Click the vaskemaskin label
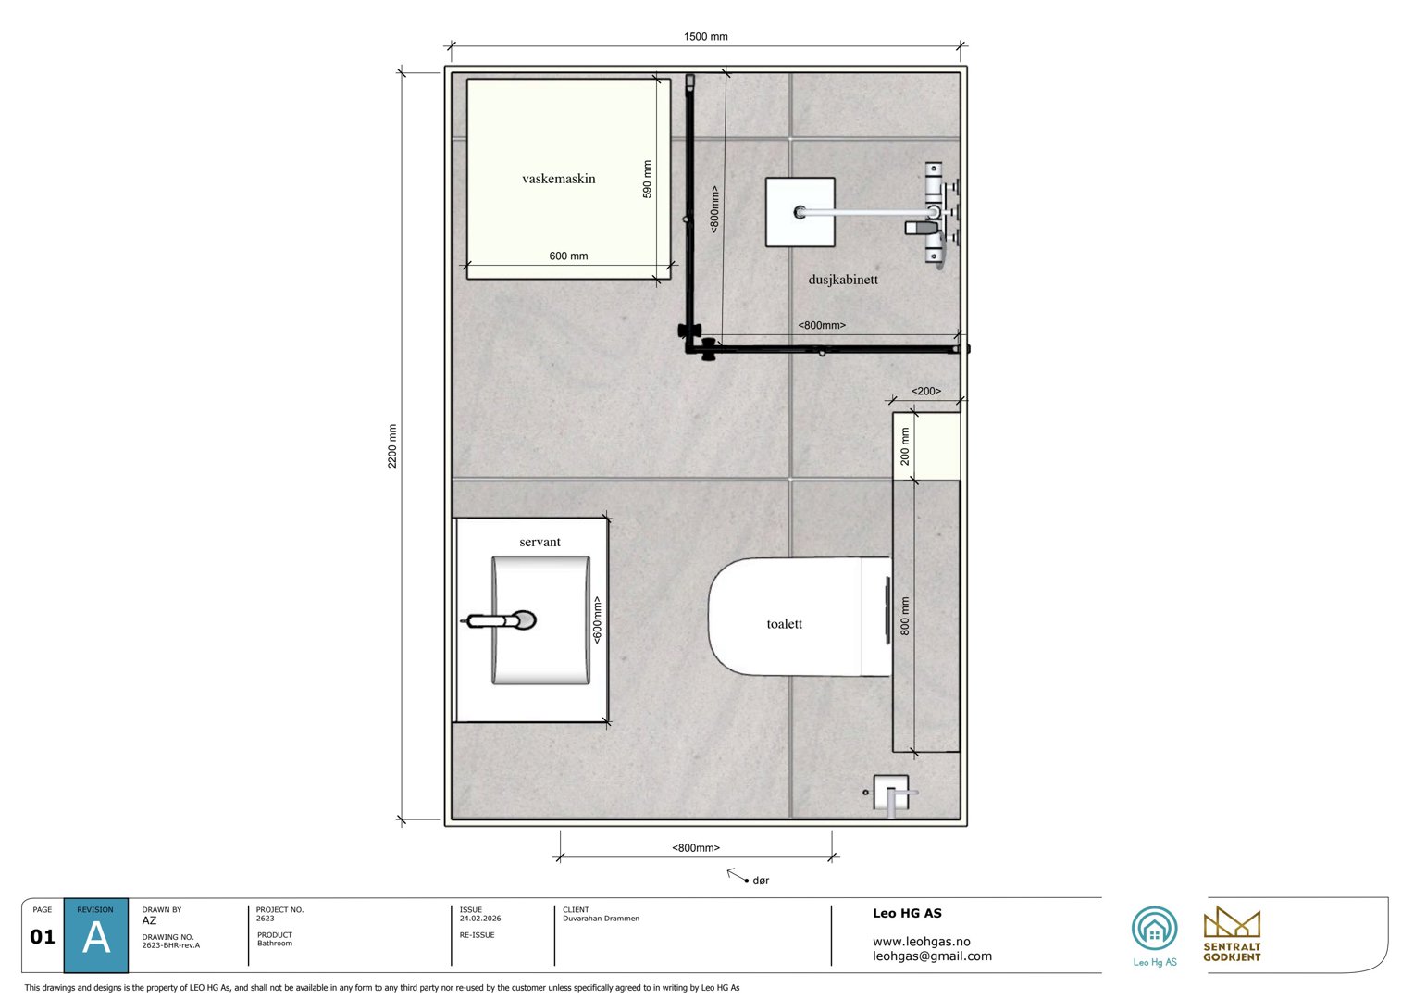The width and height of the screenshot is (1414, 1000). coord(558,179)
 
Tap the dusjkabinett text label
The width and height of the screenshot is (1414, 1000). coord(842,279)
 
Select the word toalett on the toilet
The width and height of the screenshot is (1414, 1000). coord(784,624)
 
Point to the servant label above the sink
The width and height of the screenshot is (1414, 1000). coord(540,542)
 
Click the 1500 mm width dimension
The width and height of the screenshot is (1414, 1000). coord(705,37)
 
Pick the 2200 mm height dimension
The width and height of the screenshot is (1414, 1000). coord(392,445)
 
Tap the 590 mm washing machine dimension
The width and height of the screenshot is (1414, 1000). coord(647,179)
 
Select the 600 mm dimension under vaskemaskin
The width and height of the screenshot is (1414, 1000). coord(568,256)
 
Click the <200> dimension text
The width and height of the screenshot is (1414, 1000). coord(925,391)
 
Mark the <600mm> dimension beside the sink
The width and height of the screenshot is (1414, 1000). coord(598,619)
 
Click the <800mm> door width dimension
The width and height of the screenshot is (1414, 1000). coord(695,847)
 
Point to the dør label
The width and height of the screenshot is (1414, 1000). coord(761,881)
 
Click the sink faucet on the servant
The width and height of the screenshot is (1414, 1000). coord(500,620)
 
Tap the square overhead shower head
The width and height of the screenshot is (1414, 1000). coord(800,212)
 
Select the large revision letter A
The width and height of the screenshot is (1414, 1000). coord(96,939)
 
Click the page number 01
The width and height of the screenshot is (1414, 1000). coord(43,937)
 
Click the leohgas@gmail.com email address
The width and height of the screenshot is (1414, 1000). coord(932,956)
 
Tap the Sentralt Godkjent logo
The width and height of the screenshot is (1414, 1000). coord(1232,933)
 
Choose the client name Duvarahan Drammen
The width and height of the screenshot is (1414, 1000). coord(601,919)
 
